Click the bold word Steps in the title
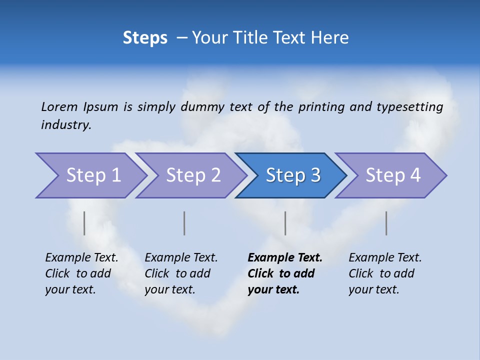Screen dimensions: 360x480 click(145, 38)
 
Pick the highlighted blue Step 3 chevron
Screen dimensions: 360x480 click(293, 175)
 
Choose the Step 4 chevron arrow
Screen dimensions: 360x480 click(393, 175)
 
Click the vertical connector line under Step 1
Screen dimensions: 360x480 click(84, 223)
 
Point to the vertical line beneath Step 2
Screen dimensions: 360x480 click(184, 223)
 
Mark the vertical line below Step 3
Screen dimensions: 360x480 click(285, 223)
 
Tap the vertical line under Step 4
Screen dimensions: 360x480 click(386, 223)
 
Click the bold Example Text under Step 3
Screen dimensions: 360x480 click(285, 273)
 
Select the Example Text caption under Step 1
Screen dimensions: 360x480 click(82, 273)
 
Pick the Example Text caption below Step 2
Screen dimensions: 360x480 click(181, 273)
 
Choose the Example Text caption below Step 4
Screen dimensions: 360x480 click(385, 273)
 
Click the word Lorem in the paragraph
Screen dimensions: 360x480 click(59, 107)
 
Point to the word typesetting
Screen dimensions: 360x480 click(409, 107)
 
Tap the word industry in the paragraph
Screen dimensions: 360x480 click(66, 125)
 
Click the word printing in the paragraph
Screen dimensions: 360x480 click(320, 107)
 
